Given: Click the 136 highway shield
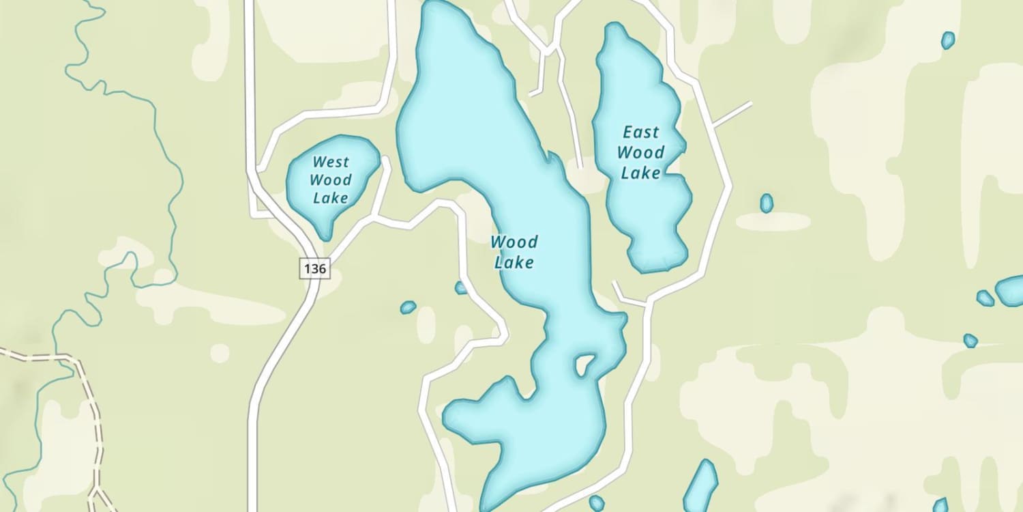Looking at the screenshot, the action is click(x=314, y=268).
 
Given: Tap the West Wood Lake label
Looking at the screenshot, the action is click(x=330, y=180).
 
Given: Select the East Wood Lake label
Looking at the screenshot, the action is click(x=641, y=152).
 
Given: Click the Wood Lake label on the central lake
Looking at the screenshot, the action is click(x=514, y=251).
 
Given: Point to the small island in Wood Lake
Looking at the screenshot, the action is click(x=584, y=365).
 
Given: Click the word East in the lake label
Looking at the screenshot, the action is click(x=641, y=132).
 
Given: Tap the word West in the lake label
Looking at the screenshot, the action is click(x=330, y=162).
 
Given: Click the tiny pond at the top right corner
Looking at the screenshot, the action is click(x=948, y=40).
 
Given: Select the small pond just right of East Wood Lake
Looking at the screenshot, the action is click(x=767, y=203).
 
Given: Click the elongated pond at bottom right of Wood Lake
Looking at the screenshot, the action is click(x=700, y=485).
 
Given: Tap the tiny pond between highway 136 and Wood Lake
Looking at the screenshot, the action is click(x=408, y=307).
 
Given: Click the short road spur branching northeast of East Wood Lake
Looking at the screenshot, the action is click(x=731, y=115).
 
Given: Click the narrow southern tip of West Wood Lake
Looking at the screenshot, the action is click(x=325, y=233).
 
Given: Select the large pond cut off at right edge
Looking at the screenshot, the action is click(x=1011, y=291).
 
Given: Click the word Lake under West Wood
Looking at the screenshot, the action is click(x=330, y=198).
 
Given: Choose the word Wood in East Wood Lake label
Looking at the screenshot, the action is click(x=641, y=152).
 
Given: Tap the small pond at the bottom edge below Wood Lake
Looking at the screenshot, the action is click(x=597, y=504).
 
